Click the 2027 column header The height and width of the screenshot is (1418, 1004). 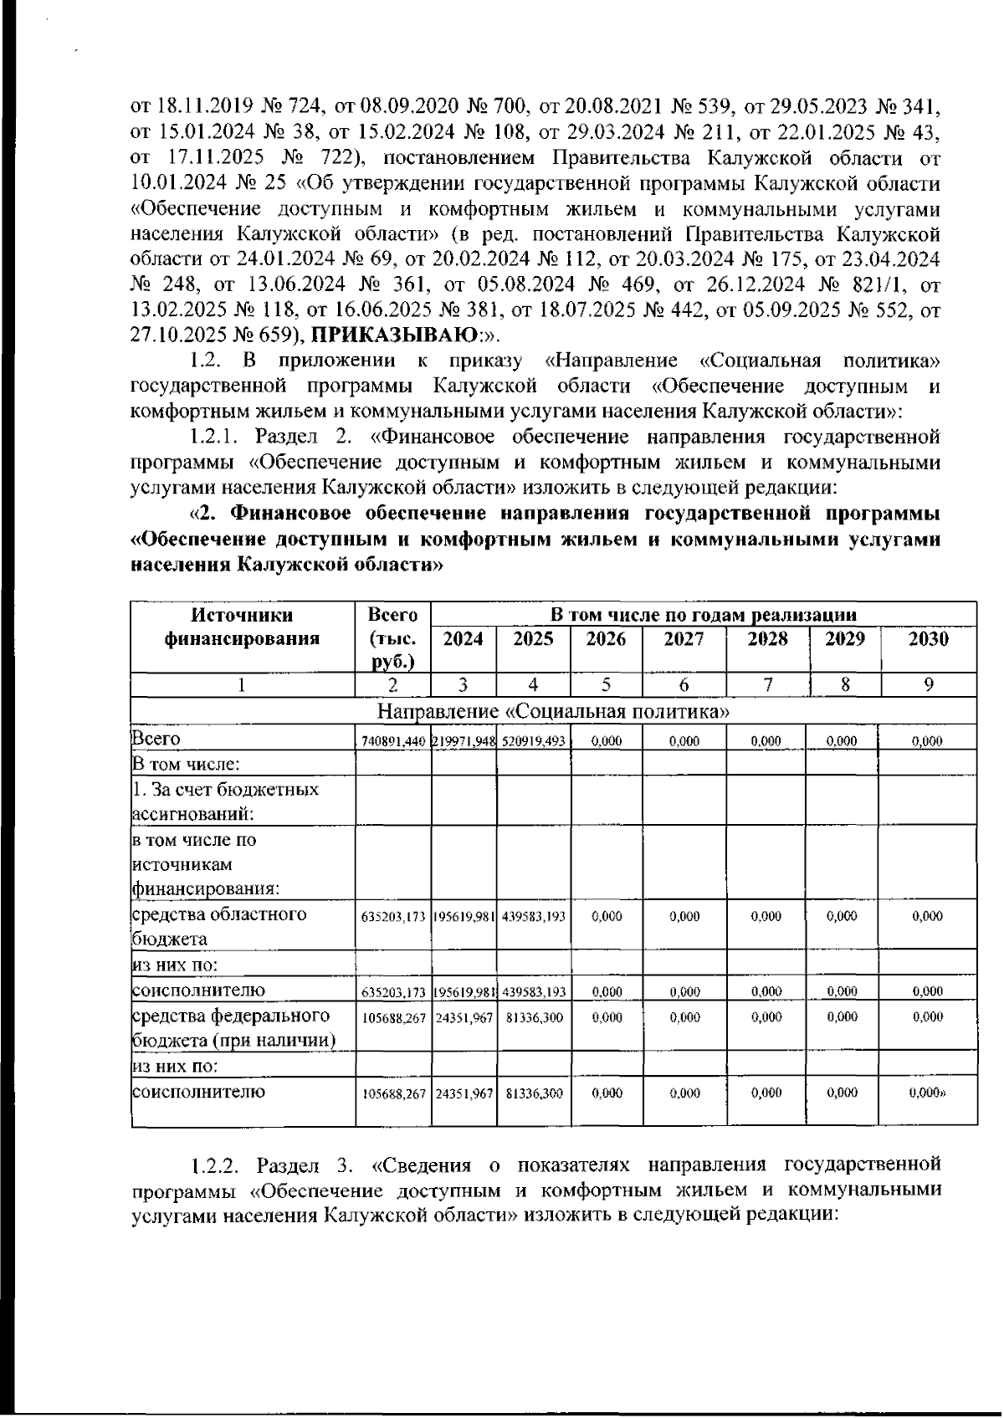click(684, 640)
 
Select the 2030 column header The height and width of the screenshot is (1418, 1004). click(929, 640)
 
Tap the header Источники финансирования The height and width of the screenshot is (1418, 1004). click(243, 627)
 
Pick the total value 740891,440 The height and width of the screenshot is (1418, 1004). click(393, 741)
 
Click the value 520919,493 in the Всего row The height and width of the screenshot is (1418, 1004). click(535, 741)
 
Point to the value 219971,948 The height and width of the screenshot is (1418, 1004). click(464, 741)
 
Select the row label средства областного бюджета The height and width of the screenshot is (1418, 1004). click(219, 926)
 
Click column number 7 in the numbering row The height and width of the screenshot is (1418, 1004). click(767, 684)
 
